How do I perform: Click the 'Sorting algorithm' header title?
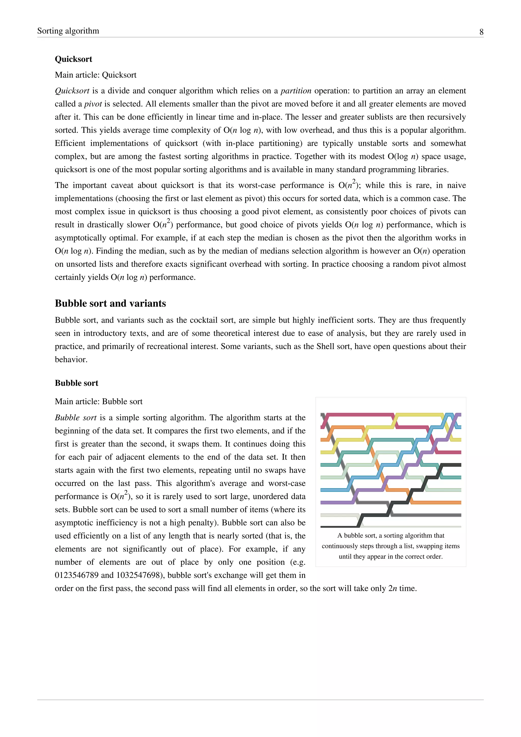click(x=68, y=31)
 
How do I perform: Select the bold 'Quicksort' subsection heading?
click(x=74, y=59)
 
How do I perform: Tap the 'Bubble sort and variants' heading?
click(x=110, y=303)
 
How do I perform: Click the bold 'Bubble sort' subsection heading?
click(x=76, y=383)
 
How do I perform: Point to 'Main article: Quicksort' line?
click(x=96, y=75)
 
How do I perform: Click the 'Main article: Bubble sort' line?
click(x=98, y=402)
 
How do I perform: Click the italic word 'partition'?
click(x=296, y=91)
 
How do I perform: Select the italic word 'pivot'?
click(x=93, y=104)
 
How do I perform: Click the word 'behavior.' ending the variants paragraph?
click(x=71, y=360)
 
